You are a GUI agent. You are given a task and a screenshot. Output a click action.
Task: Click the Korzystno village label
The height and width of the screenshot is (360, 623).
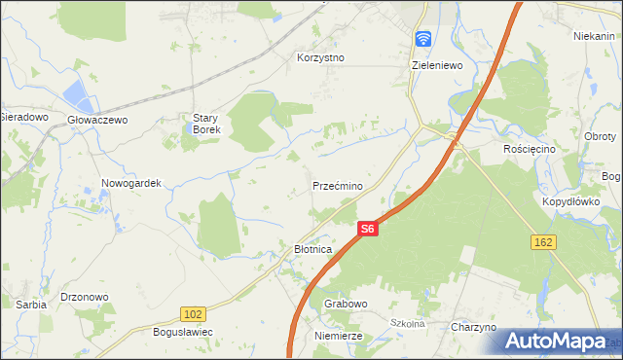pos(320,57)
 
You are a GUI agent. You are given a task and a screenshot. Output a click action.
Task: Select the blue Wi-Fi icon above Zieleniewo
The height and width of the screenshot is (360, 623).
pos(423,39)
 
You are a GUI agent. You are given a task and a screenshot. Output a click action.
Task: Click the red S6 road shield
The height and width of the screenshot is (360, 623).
pos(366,230)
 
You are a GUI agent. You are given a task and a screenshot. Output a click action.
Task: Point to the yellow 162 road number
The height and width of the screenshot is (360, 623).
pos(543,240)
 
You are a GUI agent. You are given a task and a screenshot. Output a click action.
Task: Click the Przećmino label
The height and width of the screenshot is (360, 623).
pos(338,186)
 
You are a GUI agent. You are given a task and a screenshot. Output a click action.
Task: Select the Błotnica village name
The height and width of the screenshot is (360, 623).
pos(313,250)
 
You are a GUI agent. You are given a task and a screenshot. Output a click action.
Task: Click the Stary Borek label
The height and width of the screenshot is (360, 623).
pos(206,124)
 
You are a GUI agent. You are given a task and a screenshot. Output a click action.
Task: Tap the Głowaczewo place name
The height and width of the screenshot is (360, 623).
pos(97,120)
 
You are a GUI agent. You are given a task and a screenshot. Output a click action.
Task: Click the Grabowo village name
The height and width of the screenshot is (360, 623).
pos(346,304)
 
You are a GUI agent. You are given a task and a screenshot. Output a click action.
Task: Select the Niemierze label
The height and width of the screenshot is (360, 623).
pos(339,336)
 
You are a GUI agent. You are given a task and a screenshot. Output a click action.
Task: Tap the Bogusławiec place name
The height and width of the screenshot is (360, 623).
pos(183,332)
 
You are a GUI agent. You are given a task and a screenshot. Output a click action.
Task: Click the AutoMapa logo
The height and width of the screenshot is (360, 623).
pos(555,341)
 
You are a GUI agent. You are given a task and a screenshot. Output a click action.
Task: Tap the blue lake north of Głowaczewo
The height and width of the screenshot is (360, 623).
pos(75,95)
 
